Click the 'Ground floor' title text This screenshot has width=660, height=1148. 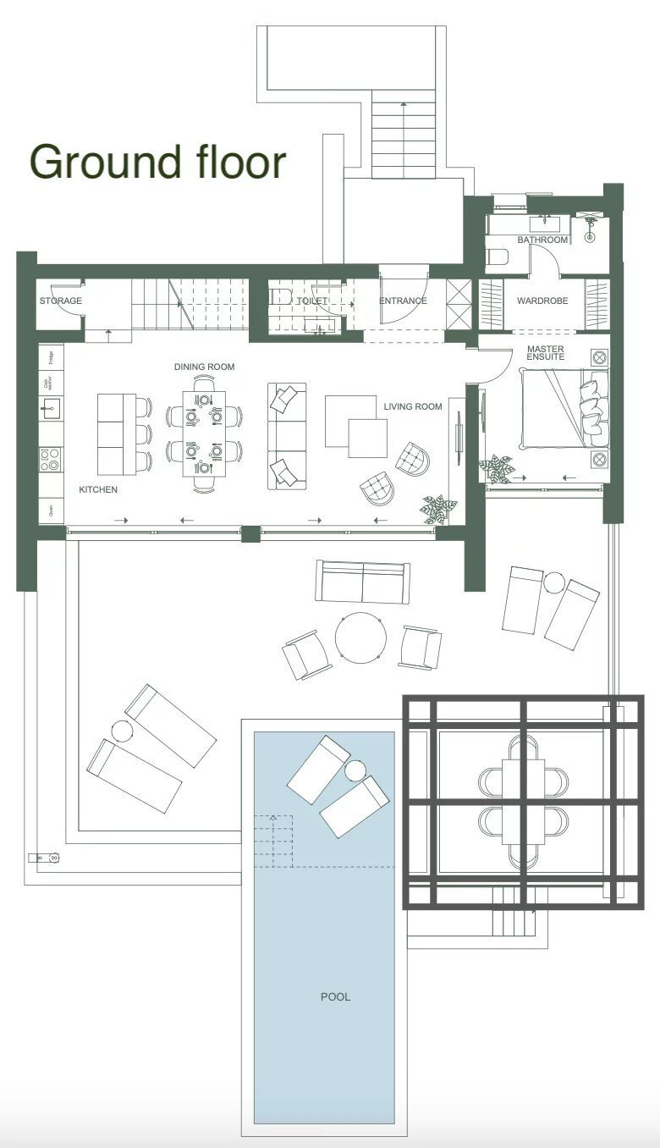(158, 162)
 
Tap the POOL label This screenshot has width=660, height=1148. (335, 996)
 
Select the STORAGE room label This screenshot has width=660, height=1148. (61, 301)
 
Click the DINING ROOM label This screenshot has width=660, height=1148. (204, 367)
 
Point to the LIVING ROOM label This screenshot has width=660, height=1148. (413, 406)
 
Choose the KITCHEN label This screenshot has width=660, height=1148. (98, 490)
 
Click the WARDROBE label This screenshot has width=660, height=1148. (542, 301)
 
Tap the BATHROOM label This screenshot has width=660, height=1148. (542, 240)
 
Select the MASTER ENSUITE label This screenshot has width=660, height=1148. (546, 353)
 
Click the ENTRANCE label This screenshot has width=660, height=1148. (403, 301)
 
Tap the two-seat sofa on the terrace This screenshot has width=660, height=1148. (362, 582)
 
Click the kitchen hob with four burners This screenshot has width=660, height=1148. (50, 460)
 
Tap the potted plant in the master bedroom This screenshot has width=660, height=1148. (495, 467)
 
